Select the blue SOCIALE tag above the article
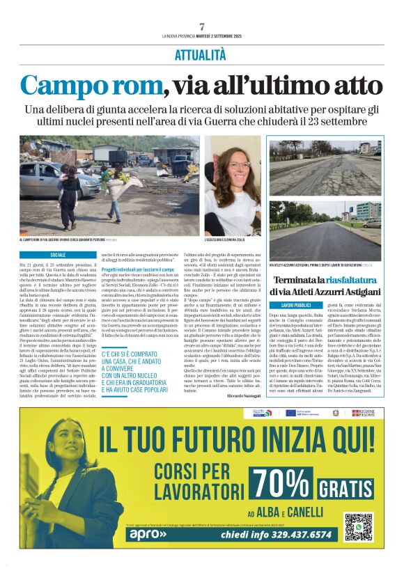pos(58,255)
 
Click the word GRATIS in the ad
pos(347,488)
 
